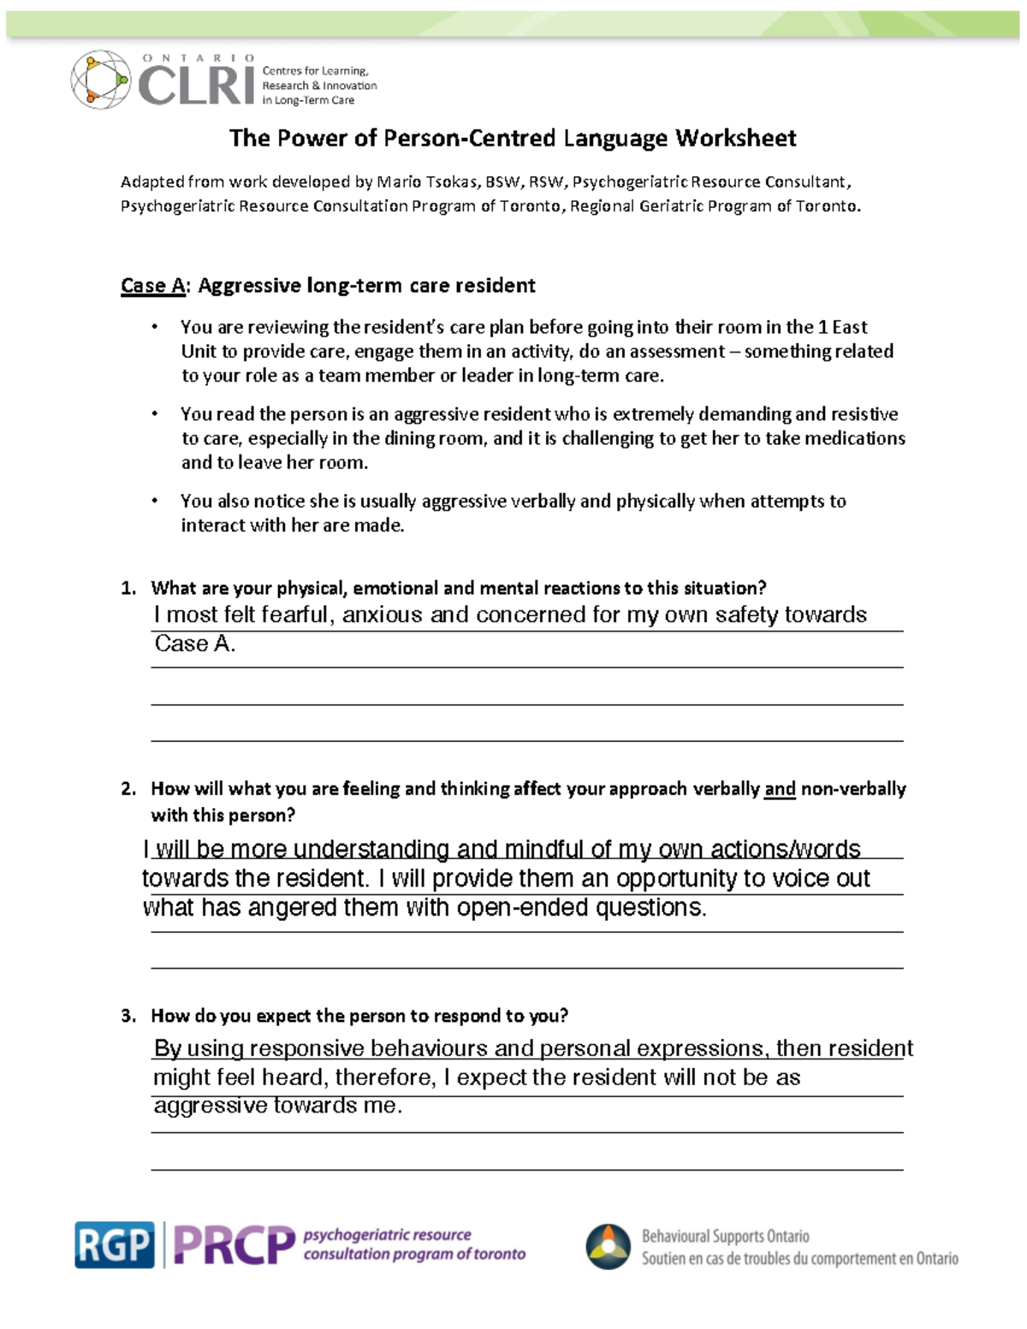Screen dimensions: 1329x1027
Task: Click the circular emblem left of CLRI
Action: (x=100, y=80)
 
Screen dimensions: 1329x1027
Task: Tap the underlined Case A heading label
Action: (x=152, y=285)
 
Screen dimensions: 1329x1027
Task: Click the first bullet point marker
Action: (x=155, y=327)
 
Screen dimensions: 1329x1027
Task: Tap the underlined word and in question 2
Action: (x=780, y=788)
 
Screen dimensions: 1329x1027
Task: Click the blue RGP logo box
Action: (x=115, y=1244)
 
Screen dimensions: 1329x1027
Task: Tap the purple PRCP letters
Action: (x=234, y=1245)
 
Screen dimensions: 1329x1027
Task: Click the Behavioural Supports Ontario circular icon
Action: (x=608, y=1246)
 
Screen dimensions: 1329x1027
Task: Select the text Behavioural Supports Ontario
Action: (x=725, y=1236)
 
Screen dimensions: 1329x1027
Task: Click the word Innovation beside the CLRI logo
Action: (x=349, y=86)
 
